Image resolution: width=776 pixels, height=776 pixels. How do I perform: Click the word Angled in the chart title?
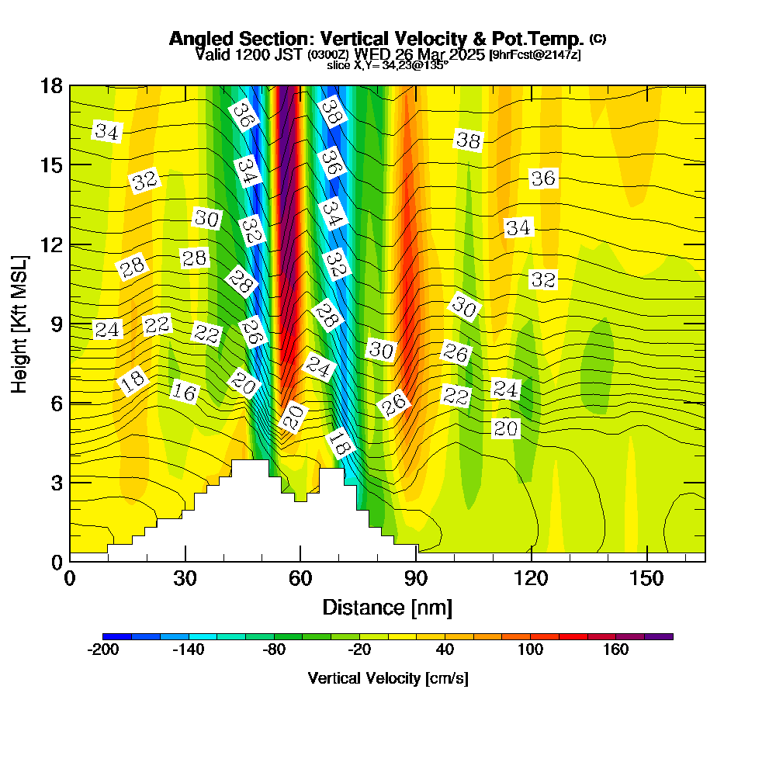coord(199,39)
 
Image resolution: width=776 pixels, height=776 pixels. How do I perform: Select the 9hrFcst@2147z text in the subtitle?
coord(535,55)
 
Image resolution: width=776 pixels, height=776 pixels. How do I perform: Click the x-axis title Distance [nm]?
coord(387,607)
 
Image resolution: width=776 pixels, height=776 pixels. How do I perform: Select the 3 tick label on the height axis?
coord(56,482)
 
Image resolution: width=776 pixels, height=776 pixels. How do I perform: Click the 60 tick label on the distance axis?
coord(300,579)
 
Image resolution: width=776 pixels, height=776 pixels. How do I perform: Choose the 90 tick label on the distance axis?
coord(416,579)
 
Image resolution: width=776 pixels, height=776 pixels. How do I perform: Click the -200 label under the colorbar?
coord(103,650)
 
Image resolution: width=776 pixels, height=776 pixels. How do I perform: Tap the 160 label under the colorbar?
coord(615,650)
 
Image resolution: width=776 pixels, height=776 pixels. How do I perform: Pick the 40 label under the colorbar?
coord(445,650)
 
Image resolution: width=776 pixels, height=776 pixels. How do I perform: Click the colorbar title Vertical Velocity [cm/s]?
coord(387,678)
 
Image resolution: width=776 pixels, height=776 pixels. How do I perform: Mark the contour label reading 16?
coord(184,392)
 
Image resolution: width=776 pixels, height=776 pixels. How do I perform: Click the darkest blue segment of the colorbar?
coord(117,636)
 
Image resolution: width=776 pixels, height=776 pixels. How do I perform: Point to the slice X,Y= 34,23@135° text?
coord(387,65)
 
